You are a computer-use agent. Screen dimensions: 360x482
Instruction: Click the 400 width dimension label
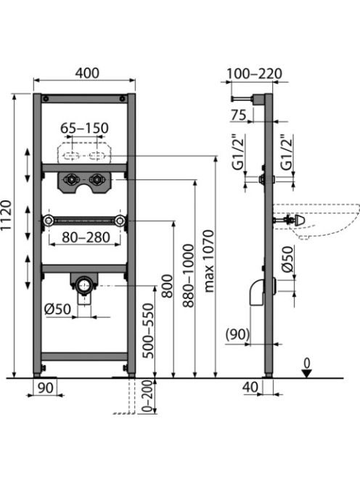[x=87, y=73]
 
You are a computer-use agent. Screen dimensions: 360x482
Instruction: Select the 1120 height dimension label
[x=7, y=215]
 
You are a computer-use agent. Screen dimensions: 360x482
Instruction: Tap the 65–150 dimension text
[x=84, y=128]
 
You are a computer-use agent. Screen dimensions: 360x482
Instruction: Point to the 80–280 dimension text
[x=86, y=237]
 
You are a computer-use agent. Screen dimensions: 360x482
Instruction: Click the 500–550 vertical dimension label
[x=149, y=331]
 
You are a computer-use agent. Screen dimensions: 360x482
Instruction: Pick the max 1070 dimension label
[x=209, y=261]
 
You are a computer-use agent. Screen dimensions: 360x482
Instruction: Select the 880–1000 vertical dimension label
[x=188, y=276]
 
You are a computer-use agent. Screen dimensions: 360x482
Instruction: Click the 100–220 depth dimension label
[x=254, y=74]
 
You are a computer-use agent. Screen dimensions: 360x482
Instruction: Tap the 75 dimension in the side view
[x=239, y=115]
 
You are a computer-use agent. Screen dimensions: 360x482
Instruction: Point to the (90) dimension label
[x=237, y=334]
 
